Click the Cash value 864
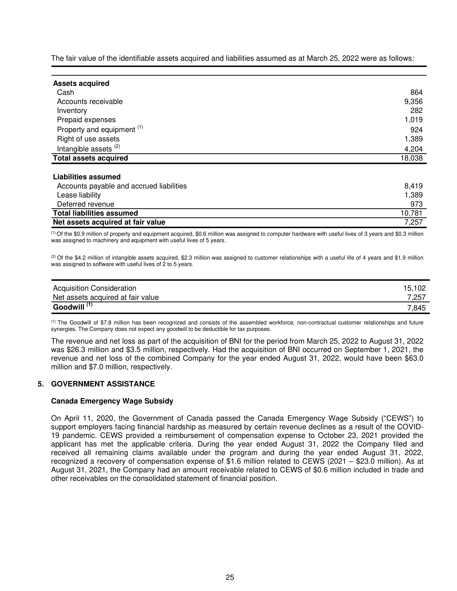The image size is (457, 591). [x=416, y=93]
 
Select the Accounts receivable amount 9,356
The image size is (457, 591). [x=413, y=102]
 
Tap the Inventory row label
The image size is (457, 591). [x=72, y=111]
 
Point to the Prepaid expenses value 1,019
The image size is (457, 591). [x=413, y=120]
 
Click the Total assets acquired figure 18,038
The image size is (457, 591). [x=412, y=158]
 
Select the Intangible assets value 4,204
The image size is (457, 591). [x=413, y=149]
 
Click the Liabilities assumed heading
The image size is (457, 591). [x=87, y=177]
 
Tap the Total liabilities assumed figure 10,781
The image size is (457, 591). [x=412, y=213]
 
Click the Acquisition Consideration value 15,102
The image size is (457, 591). [x=414, y=288]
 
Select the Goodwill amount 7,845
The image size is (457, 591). [x=416, y=308]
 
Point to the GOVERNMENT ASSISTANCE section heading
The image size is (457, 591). [x=103, y=384]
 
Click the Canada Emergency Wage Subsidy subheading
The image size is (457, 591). [x=112, y=401]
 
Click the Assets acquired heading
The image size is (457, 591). [x=81, y=83]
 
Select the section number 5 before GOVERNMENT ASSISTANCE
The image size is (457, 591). [x=40, y=384]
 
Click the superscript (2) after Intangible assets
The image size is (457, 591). [x=117, y=146]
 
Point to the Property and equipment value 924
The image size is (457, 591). [x=416, y=130]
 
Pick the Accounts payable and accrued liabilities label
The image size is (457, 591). [x=122, y=186]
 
